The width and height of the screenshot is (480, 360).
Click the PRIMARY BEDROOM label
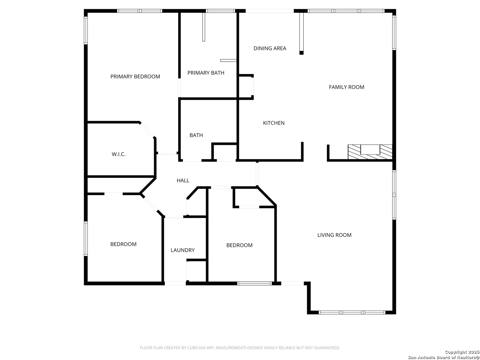135,77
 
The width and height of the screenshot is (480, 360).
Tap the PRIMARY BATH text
206,73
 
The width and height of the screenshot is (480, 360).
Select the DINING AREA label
270,48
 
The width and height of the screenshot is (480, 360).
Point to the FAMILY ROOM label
346,87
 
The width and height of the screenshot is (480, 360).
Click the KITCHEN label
274,123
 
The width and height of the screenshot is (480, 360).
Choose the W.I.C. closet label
119,154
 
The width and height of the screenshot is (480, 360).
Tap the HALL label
183,181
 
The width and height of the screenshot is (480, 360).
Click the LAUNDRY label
182,250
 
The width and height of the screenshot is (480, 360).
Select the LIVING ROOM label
334,235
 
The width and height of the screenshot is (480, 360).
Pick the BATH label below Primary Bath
196,135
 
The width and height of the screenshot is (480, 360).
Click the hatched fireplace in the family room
370,152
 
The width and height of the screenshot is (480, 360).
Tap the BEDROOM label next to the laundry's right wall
239,245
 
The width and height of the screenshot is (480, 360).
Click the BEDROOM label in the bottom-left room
123,244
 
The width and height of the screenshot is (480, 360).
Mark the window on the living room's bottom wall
352,313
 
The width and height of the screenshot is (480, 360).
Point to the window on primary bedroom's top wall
139,11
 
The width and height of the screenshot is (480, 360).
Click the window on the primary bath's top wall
220,11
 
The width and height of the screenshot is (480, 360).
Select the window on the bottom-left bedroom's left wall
86,239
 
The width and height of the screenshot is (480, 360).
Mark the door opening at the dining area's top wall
270,11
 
